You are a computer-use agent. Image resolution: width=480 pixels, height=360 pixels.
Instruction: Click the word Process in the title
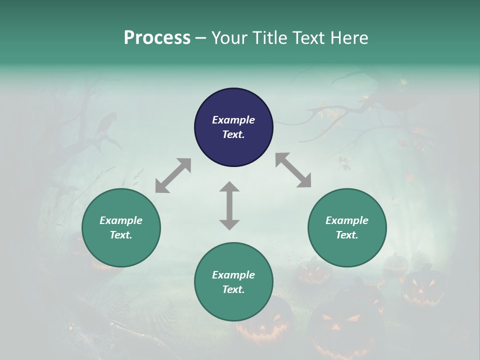pos(157,38)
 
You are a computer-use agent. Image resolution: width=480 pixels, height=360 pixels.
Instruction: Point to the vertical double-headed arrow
pos(229,205)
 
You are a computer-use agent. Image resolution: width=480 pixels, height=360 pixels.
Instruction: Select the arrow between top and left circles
pos(173,175)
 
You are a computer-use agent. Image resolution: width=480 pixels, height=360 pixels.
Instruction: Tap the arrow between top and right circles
pos(293,170)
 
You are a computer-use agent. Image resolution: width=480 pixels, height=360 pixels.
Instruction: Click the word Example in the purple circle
pos(233,120)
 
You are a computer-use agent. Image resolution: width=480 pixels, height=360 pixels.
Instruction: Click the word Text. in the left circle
pos(121,235)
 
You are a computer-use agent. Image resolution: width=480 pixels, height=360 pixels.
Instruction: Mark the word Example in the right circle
pos(347,220)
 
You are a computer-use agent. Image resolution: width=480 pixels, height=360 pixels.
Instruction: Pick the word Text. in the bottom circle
pos(233,289)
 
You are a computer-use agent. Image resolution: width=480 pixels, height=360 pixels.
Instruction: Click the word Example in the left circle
pos(121,220)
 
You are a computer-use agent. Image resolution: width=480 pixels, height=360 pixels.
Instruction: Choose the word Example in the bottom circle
pos(233,275)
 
